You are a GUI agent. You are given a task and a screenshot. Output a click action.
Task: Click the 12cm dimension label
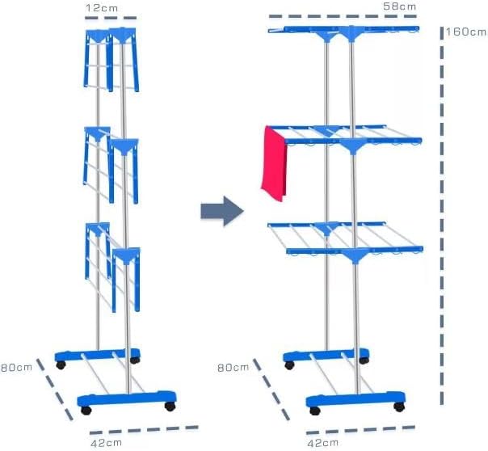[x=102, y=8]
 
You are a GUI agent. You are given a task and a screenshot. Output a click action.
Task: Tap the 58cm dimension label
[x=400, y=6]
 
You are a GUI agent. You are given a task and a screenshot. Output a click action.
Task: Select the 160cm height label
[x=466, y=32]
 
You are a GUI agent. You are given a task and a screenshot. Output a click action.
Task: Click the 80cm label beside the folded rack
[x=16, y=367]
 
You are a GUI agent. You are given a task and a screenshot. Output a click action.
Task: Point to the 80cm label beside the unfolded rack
[x=233, y=368]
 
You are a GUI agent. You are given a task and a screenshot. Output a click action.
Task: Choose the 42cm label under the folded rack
[x=106, y=443]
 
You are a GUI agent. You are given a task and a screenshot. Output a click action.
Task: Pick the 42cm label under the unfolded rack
[x=322, y=443]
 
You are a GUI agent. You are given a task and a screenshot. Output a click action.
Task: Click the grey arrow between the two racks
[x=222, y=211]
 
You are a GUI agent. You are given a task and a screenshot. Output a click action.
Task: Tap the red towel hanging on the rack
[x=274, y=164]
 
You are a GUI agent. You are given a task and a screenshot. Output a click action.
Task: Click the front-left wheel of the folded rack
[x=86, y=411]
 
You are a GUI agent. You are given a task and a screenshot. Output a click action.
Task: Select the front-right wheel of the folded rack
[x=170, y=407]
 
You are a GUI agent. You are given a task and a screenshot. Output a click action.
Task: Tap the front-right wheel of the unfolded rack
[x=399, y=407]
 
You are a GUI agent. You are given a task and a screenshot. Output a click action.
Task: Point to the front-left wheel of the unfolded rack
[x=315, y=411]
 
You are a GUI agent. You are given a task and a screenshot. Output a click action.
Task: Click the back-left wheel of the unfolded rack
[x=289, y=365]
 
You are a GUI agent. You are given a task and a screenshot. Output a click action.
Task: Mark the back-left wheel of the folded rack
[x=61, y=365]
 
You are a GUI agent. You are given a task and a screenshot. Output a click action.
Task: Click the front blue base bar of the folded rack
[x=127, y=398]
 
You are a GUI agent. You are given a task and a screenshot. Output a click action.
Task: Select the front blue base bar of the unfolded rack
[x=355, y=399]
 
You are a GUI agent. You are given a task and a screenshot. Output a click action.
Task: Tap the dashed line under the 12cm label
[x=111, y=18]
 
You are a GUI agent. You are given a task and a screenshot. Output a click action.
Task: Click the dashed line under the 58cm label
[x=343, y=16]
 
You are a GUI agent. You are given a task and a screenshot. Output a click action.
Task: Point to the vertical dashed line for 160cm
[x=442, y=216]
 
